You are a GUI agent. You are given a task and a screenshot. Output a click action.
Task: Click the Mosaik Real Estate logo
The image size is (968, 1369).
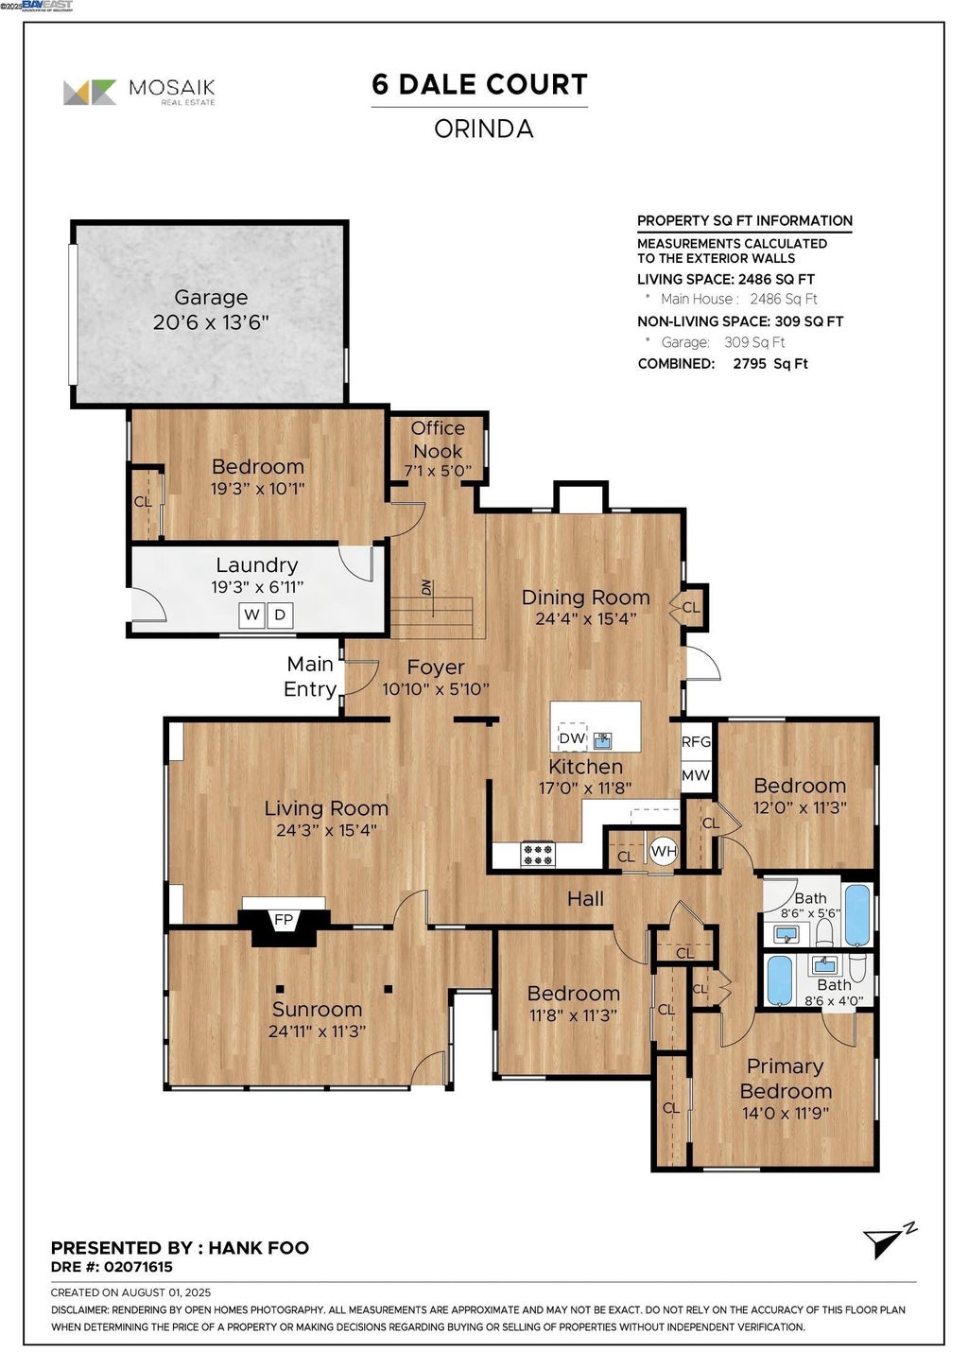pyautogui.click(x=139, y=93)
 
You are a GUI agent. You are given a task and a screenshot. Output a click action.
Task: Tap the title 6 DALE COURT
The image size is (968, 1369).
pyautogui.click(x=479, y=84)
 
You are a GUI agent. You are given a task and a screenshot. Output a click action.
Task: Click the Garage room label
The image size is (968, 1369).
pyautogui.click(x=211, y=297)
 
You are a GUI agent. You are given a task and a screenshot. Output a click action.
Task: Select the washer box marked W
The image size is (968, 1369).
pyautogui.click(x=251, y=615)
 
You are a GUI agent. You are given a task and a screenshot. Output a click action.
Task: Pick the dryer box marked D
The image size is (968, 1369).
pyautogui.click(x=280, y=615)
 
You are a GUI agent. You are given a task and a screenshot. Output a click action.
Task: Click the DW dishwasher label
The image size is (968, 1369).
pyautogui.click(x=572, y=738)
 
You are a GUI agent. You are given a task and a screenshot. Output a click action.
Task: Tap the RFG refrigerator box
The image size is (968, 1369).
pyautogui.click(x=696, y=741)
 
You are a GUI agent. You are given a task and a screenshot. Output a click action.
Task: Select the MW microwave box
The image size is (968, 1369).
pyautogui.click(x=696, y=775)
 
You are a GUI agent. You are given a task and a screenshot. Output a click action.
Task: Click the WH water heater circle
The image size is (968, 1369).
pyautogui.click(x=664, y=851)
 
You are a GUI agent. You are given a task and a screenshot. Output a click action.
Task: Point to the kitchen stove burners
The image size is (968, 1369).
pyautogui.click(x=538, y=854)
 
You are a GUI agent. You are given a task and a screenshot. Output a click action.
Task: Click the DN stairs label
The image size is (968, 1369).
pyautogui.click(x=426, y=587)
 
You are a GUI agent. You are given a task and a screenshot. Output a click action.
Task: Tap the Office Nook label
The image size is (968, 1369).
pyautogui.click(x=438, y=440)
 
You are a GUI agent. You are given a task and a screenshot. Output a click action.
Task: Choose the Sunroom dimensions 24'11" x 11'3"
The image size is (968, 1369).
pyautogui.click(x=317, y=1031)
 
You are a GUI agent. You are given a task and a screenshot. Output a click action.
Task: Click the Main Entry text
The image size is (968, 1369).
pyautogui.click(x=310, y=677)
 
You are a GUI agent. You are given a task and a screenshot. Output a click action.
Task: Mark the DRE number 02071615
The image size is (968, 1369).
pyautogui.click(x=138, y=1267)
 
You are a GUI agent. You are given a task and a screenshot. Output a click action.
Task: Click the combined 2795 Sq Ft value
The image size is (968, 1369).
pyautogui.click(x=770, y=364)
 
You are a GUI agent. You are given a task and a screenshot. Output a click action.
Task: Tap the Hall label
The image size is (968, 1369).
pyautogui.click(x=585, y=898)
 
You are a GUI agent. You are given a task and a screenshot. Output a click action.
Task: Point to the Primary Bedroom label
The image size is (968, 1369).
pyautogui.click(x=786, y=1079)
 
